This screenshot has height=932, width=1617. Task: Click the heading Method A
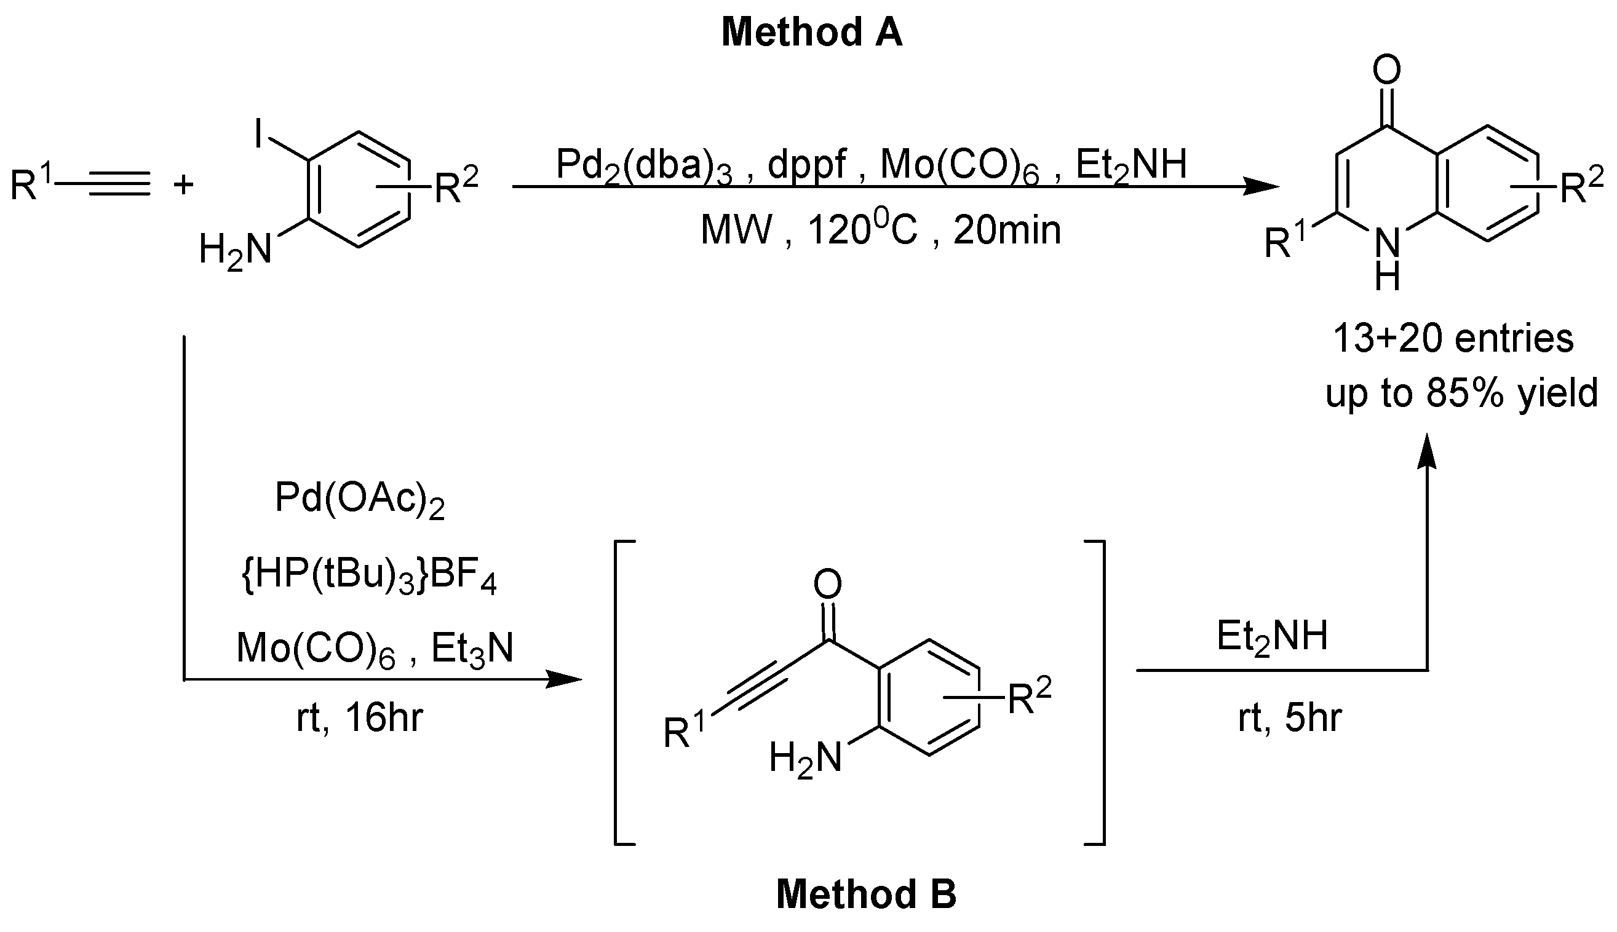coord(811,33)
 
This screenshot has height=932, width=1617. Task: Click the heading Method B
coord(866,894)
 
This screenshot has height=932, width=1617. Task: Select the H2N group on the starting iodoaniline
coord(236,250)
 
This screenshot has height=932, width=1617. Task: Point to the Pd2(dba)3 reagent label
coord(643,165)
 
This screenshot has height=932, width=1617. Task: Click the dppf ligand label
coord(806,165)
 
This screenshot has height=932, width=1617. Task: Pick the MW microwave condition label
coord(736,231)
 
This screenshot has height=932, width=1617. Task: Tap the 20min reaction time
coord(1007,231)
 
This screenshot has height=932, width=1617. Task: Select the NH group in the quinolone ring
coord(1387,259)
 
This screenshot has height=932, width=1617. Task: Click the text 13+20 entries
coord(1453,338)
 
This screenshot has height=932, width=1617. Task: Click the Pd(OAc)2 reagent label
coord(359,499)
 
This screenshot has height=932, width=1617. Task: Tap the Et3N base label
coord(472,649)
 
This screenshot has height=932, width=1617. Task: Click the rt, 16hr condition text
coord(359,718)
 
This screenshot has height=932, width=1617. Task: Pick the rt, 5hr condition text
coord(1289,718)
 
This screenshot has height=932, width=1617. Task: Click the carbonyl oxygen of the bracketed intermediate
coord(827,585)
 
